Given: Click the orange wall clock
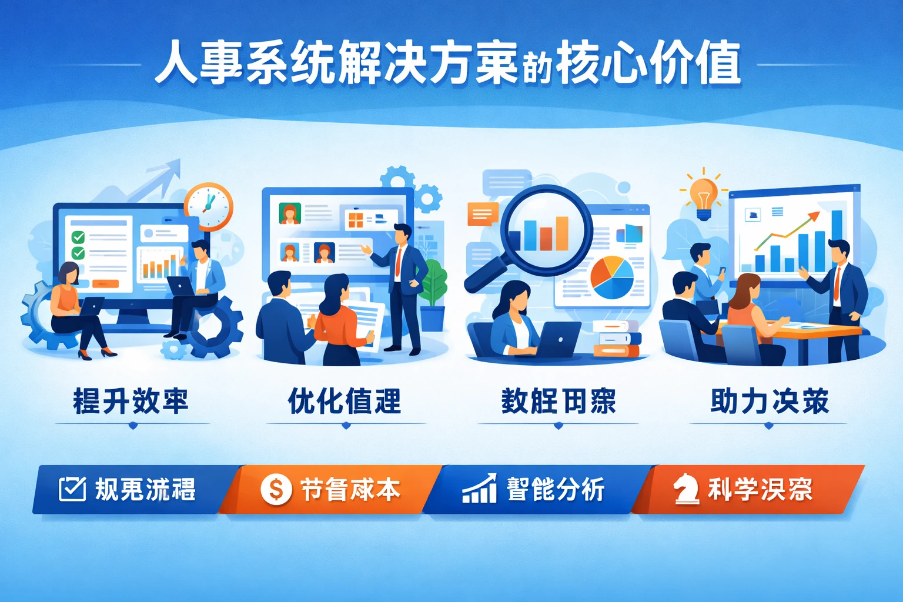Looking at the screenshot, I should pos(209,206).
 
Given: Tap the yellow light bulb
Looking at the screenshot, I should pos(703,194).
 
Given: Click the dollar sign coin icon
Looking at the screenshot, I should pos(276,489).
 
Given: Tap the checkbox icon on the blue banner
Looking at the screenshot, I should pos(72,489).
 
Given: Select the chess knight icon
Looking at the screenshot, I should pos(685,489).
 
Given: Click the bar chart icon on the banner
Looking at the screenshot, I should pos(479,489).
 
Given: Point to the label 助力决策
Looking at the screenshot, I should pos(769,402).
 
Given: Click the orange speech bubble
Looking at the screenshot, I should pos(483,214).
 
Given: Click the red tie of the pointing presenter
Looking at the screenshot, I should pos(398,262).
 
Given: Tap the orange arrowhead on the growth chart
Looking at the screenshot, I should pos(815,216).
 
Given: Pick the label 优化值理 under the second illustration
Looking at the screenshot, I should pos(345,402).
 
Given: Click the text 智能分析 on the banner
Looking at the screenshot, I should pos(556,489).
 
